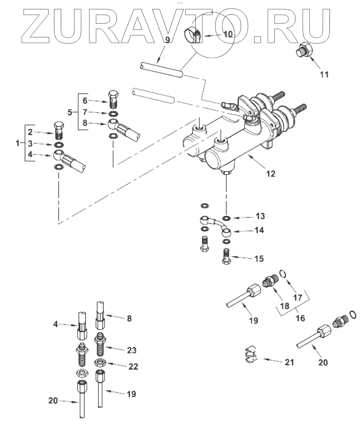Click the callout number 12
(271, 174)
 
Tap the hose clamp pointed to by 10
(193, 35)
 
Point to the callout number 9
(168, 40)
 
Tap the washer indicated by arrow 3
(59, 145)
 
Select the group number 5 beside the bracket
(70, 112)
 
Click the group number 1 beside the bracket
(18, 143)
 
